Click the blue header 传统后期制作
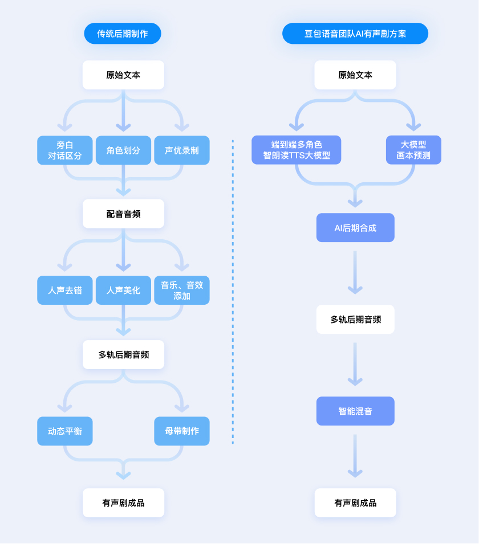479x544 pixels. tap(123, 34)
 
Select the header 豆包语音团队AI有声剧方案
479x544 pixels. tap(355, 34)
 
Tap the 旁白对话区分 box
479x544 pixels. tap(65, 150)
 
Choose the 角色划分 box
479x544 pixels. tap(123, 150)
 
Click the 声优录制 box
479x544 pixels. tap(182, 150)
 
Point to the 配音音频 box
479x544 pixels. tap(123, 214)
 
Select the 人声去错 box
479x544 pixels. tap(65, 290)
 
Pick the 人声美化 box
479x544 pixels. tap(123, 290)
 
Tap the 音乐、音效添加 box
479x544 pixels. tap(182, 290)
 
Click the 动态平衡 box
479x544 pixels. tap(65, 431)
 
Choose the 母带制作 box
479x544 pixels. tap(182, 431)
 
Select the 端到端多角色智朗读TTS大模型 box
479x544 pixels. tap(297, 150)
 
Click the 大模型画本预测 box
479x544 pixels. tap(413, 150)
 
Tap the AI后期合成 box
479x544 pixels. tap(355, 228)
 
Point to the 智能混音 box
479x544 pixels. tap(355, 411)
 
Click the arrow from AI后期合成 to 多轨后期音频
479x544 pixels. tap(355, 272)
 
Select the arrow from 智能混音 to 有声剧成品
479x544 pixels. tap(355, 456)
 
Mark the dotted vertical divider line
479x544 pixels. tap(233, 291)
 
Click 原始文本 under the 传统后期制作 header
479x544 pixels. tap(123, 75)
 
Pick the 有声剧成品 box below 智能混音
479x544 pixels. tap(355, 503)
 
